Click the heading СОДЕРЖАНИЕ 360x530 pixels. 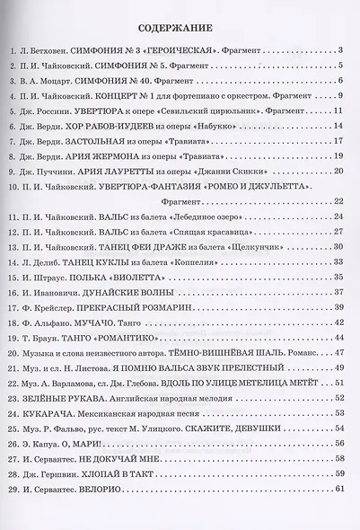pos(180,26)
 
